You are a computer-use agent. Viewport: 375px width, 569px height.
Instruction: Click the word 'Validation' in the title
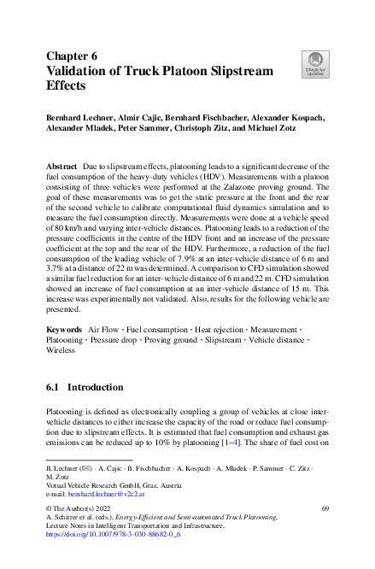tap(82, 71)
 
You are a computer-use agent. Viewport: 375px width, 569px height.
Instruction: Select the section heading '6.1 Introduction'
tap(85, 387)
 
